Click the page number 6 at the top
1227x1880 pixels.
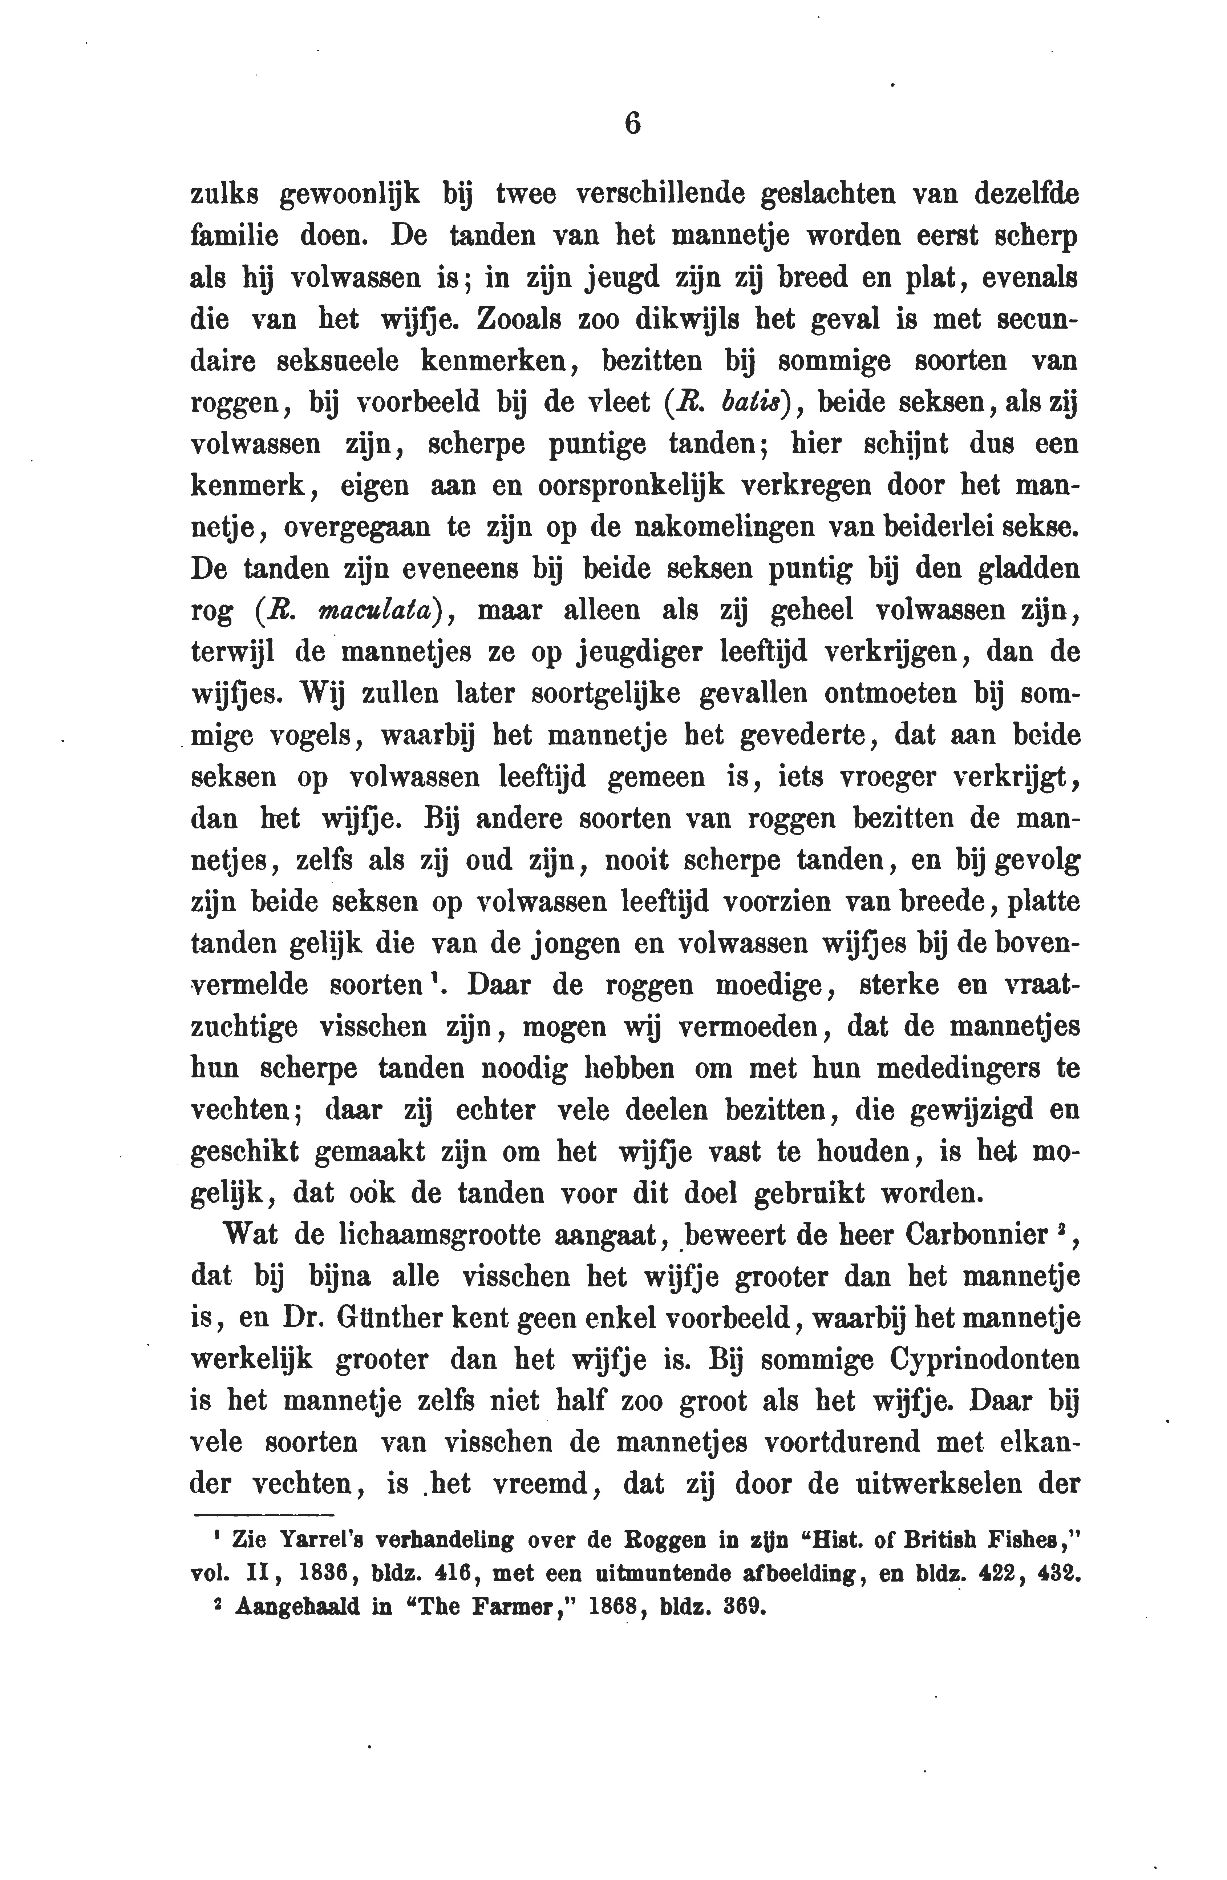click(632, 124)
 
